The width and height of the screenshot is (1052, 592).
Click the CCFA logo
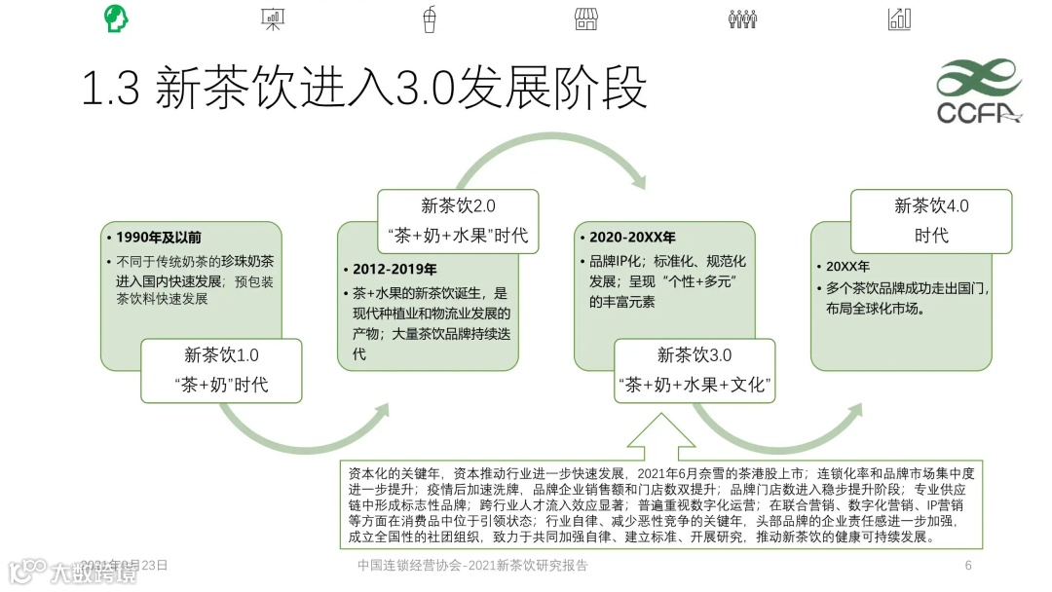pyautogui.click(x=977, y=92)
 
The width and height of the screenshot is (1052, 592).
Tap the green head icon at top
pyautogui.click(x=115, y=18)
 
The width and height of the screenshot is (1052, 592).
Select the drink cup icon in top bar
pyautogui.click(x=429, y=18)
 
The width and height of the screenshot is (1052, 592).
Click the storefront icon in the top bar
pyautogui.click(x=585, y=18)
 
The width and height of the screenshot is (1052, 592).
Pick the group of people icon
pyautogui.click(x=742, y=18)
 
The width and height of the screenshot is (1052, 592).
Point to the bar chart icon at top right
pyautogui.click(x=899, y=18)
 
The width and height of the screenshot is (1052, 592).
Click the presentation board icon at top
pyautogui.click(x=272, y=18)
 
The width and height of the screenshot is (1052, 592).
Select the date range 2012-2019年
pyautogui.click(x=394, y=269)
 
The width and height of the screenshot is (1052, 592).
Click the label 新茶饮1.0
pyautogui.click(x=221, y=355)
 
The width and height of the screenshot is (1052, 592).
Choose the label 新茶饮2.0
pyautogui.click(x=458, y=205)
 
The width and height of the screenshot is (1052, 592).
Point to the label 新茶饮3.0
pyautogui.click(x=694, y=355)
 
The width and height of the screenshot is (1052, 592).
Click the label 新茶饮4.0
pyautogui.click(x=931, y=205)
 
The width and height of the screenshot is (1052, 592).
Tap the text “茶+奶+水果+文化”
pyautogui.click(x=695, y=385)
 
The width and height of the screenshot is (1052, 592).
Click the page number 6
pyautogui.click(x=968, y=566)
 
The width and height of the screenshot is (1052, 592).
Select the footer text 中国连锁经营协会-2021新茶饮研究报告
pyautogui.click(x=472, y=566)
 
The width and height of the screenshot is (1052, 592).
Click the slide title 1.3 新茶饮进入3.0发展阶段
pyautogui.click(x=363, y=90)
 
